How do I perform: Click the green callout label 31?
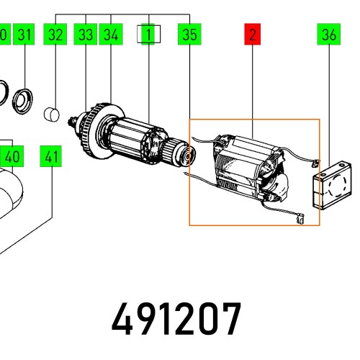click(24, 34)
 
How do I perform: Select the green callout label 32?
click(55, 34)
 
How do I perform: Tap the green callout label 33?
click(86, 34)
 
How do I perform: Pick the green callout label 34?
click(111, 34)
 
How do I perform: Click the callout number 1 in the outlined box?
click(148, 34)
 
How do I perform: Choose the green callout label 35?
click(189, 34)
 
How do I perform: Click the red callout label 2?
click(252, 34)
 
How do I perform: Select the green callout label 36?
click(328, 34)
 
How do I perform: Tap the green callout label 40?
click(12, 156)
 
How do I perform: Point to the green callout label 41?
click(50, 156)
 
